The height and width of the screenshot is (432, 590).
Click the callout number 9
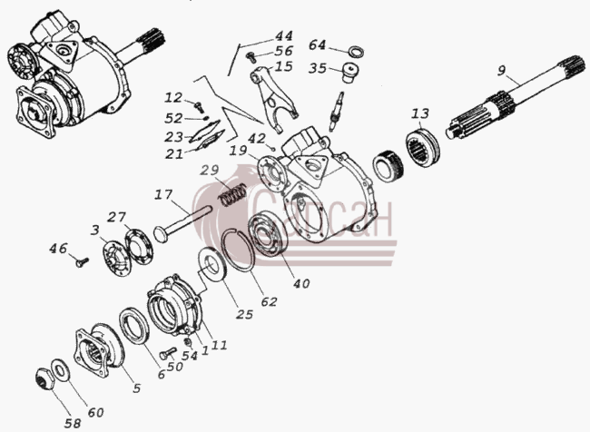(501, 71)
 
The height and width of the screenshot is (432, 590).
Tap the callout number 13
(420, 113)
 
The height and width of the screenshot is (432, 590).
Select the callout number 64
(317, 45)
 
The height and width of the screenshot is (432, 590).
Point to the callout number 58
(73, 423)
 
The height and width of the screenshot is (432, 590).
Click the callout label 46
(58, 249)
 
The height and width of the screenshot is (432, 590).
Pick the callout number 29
(209, 170)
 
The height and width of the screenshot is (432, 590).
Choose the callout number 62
(269, 301)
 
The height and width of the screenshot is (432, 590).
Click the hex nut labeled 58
(45, 378)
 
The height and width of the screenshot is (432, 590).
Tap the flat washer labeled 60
(59, 369)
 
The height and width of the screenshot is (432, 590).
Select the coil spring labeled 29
(233, 194)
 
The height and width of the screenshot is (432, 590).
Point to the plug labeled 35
(350, 74)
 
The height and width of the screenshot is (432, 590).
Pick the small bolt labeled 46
(82, 262)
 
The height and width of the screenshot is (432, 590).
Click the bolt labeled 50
(167, 353)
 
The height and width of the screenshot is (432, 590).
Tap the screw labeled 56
(251, 57)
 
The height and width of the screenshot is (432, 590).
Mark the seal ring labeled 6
(134, 325)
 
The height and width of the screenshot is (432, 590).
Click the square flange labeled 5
(99, 349)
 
